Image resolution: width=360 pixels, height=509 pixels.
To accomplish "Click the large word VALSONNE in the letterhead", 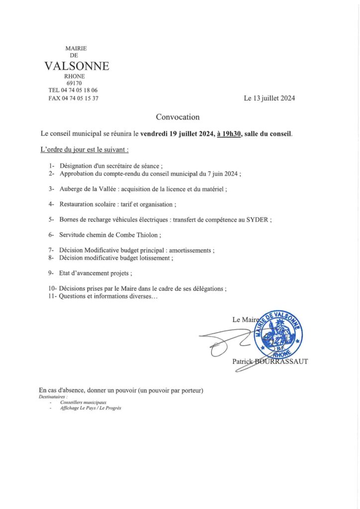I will [77, 66].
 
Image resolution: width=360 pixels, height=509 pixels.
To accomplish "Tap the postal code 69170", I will [78, 83].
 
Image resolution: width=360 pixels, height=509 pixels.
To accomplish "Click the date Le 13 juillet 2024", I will [269, 98].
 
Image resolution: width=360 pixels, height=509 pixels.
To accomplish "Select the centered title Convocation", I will [178, 117].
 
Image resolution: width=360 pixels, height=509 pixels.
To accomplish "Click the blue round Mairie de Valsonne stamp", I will [278, 333].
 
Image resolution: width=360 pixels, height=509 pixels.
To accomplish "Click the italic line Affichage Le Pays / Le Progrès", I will [90, 408].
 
